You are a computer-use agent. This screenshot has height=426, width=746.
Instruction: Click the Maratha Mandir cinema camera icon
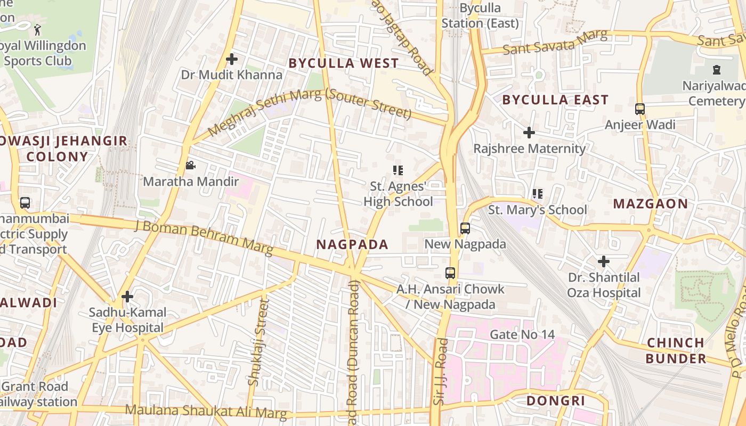point(190,166)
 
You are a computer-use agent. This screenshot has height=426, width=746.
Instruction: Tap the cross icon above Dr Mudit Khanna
point(232,59)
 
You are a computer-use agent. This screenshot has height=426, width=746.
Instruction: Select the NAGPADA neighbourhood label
point(352,244)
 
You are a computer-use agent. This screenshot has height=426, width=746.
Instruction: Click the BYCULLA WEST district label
point(343,63)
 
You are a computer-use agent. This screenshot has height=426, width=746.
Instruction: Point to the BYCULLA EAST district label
point(555,100)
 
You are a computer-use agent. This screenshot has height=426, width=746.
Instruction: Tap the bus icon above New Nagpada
point(465,228)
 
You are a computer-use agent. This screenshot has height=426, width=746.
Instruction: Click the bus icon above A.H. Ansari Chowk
point(450,273)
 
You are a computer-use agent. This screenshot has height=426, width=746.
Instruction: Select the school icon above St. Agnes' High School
point(398,170)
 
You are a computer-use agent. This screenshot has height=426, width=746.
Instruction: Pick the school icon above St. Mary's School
point(538,194)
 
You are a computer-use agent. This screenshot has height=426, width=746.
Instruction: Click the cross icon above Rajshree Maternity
point(529,133)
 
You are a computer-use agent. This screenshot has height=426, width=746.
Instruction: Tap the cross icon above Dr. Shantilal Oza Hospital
point(603,261)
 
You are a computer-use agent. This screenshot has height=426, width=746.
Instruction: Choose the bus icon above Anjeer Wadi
point(640,109)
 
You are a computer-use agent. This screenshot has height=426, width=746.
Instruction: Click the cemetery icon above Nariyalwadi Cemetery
point(717,69)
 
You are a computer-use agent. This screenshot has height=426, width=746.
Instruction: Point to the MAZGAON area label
point(650,204)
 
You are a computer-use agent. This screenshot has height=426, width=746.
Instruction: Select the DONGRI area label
point(556,401)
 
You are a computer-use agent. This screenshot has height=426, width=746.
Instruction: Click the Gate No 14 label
point(522,335)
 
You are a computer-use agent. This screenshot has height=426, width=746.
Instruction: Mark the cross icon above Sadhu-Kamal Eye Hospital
point(127,297)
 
